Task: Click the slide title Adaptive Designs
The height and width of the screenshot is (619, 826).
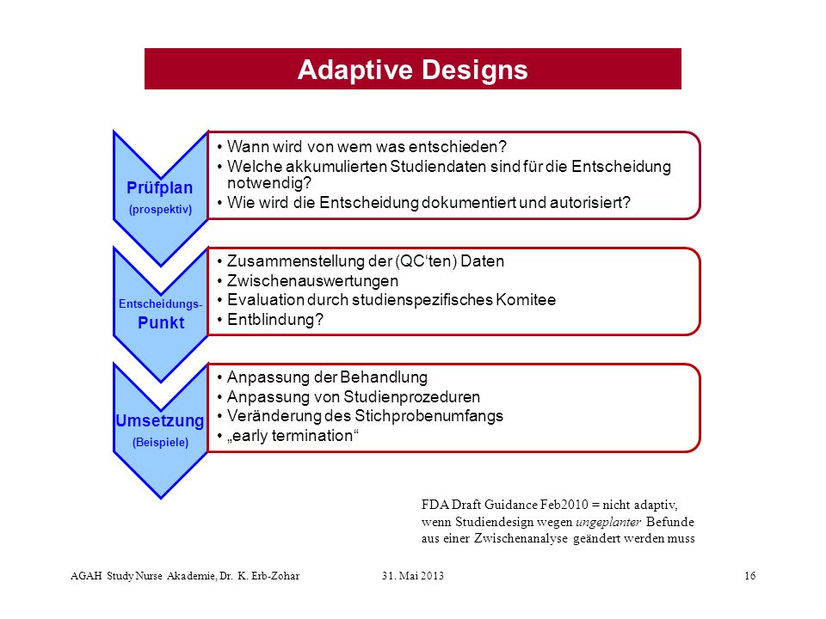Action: point(412,70)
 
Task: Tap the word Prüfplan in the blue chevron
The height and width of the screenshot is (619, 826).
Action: point(160,188)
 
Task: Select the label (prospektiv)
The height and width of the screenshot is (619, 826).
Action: point(160,210)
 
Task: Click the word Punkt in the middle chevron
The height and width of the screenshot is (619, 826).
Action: point(161,322)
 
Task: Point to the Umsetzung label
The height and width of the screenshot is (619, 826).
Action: point(160,421)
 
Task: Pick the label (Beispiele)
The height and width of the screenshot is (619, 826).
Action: point(160,442)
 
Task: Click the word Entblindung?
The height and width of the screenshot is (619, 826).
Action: point(275,320)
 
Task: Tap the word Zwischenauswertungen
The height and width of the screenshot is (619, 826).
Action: point(312,280)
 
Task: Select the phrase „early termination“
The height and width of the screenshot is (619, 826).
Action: point(293,436)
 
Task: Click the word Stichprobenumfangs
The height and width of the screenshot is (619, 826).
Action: point(428,416)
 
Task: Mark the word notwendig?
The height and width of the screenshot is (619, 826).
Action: point(269,183)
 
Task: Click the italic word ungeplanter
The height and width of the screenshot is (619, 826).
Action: point(608,522)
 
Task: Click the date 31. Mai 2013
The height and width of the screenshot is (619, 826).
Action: point(413,576)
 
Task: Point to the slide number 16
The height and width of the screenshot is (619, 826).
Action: point(750,576)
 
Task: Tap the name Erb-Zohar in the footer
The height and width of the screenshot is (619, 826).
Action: point(275,576)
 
